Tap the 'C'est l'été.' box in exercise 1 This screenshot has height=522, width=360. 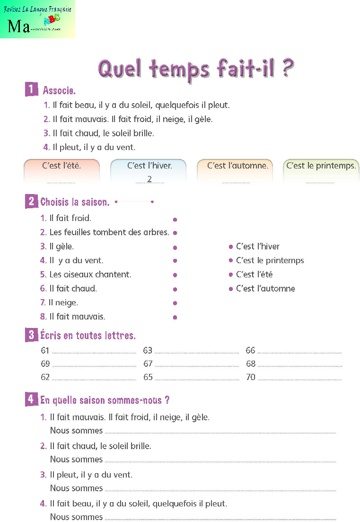(61, 170)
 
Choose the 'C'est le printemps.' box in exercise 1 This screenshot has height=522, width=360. (321, 170)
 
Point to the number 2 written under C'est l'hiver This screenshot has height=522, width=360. (149, 179)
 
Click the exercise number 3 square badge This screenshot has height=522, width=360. (31, 336)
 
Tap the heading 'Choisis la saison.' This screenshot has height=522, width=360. (75, 202)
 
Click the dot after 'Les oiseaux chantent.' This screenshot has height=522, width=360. (175, 274)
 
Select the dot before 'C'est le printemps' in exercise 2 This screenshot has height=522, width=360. (231, 260)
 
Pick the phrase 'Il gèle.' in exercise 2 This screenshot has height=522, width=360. (61, 246)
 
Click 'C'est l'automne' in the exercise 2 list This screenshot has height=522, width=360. (265, 288)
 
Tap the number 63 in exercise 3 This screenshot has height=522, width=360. (148, 351)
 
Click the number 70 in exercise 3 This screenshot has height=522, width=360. (250, 377)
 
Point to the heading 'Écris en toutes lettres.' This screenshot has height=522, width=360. (88, 336)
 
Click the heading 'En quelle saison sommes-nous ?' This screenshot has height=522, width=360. (105, 400)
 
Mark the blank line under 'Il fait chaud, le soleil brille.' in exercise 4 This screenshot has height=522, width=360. (220, 461)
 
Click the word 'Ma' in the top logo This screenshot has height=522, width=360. (18, 27)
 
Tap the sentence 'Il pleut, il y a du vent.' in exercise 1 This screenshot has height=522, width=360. (94, 147)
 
